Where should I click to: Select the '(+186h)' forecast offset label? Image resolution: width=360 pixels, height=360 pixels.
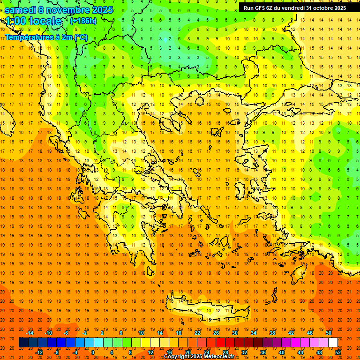(83, 21)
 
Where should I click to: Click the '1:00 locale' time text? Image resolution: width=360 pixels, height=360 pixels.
(33, 22)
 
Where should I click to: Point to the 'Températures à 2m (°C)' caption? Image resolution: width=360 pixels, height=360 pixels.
(46, 37)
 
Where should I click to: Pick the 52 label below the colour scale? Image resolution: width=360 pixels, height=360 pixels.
(338, 352)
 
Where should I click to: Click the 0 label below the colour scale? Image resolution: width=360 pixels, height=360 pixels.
(93, 352)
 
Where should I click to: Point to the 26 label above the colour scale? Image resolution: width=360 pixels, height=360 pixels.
(216, 333)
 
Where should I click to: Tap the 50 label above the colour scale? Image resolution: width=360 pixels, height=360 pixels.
(329, 333)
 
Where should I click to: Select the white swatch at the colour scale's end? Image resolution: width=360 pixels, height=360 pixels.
(333, 343)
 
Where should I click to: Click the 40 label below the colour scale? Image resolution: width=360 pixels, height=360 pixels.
(282, 352)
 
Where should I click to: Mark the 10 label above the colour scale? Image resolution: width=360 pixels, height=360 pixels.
(141, 333)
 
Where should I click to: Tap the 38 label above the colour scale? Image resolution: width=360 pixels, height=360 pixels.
(272, 333)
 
